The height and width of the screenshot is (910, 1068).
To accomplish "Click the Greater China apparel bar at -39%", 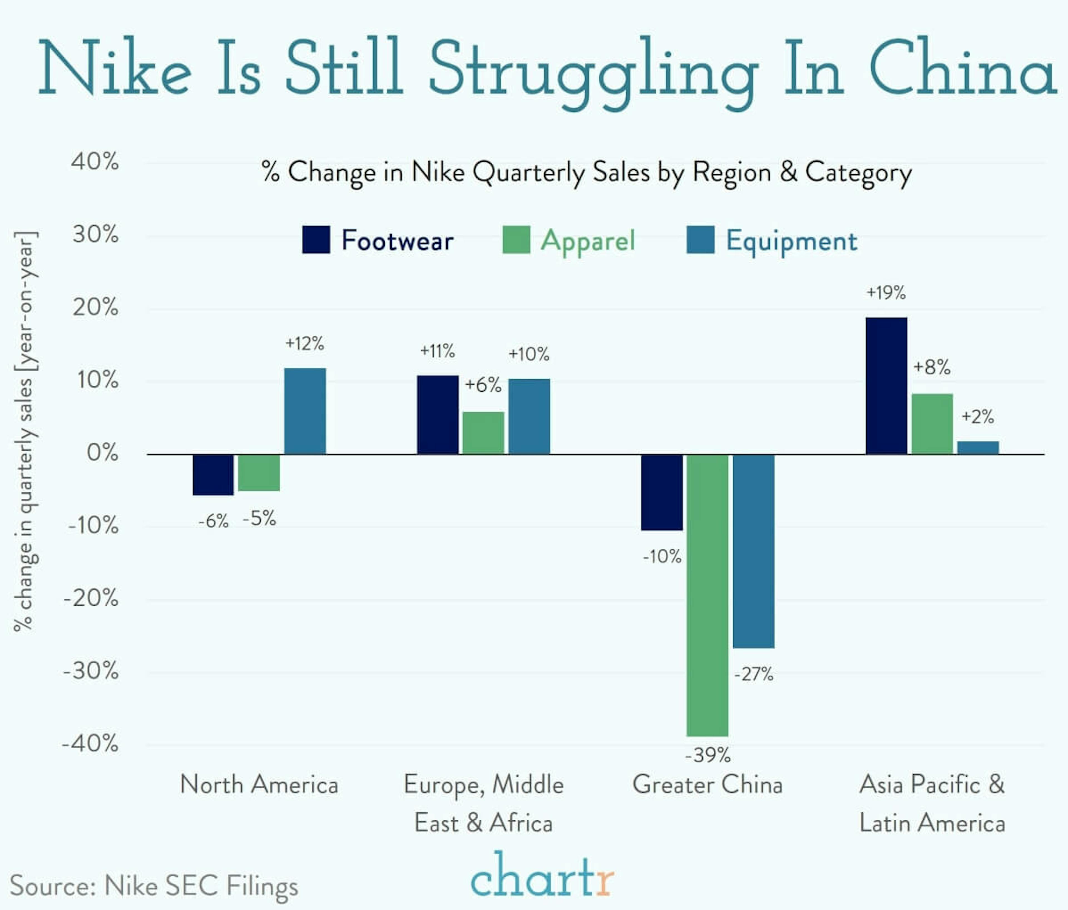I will pos(708,595).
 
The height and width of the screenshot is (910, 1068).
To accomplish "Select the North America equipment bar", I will pos(305,411).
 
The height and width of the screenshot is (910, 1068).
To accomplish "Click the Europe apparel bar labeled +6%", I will pos(483,433).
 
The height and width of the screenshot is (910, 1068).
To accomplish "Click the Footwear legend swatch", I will pos(316,240).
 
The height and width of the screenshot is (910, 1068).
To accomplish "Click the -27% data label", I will pos(753,674).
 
